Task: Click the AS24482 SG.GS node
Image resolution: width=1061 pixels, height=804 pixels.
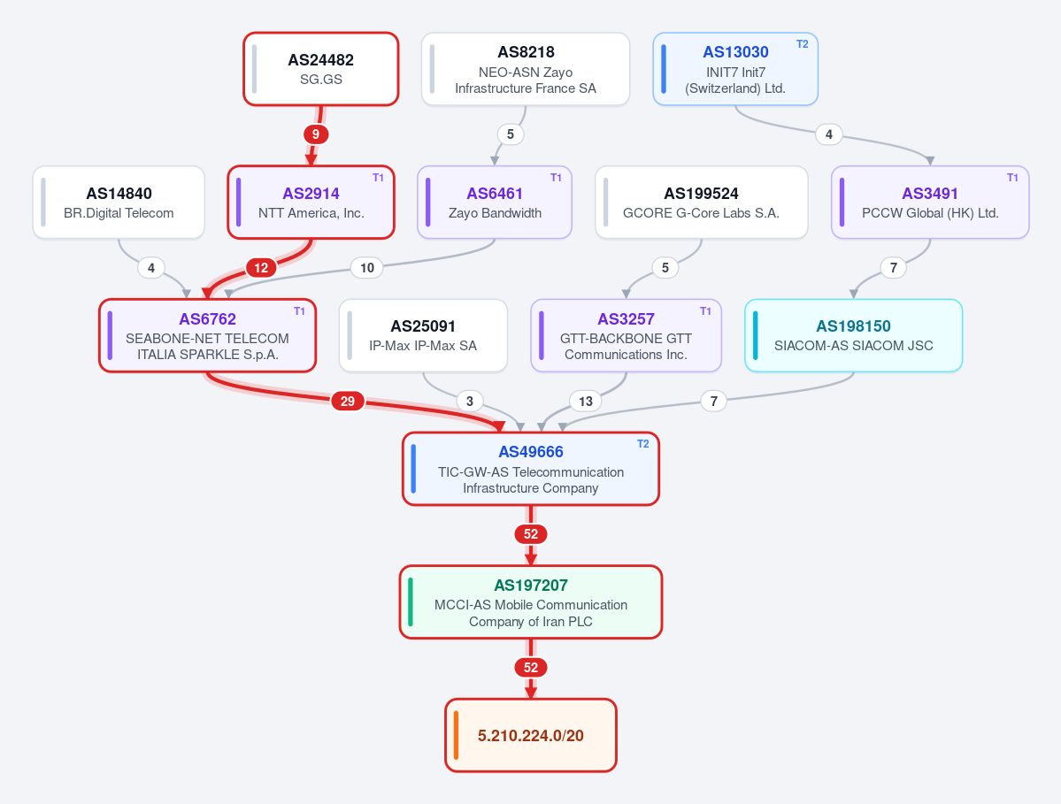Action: [320, 69]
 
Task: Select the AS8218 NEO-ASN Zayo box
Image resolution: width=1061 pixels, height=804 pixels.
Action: [526, 69]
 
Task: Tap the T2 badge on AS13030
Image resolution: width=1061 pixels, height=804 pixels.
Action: [802, 44]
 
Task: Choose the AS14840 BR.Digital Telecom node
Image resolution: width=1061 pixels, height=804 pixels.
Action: [119, 203]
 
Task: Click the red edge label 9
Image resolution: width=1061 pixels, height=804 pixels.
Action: [315, 134]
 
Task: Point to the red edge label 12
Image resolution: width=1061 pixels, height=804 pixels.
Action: [261, 268]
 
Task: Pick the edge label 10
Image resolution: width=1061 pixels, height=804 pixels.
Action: [366, 268]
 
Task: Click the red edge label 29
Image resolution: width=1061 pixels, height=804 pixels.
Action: [347, 401]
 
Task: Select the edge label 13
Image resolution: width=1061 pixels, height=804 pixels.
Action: [585, 401]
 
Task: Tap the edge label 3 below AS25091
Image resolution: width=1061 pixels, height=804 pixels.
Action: [470, 401]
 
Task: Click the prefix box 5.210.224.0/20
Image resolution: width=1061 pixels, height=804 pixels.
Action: [531, 735]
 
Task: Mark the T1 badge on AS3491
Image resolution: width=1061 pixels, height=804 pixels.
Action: [1012, 178]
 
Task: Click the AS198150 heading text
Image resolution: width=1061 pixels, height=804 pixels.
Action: [853, 325]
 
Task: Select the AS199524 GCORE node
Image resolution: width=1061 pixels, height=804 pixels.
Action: [701, 203]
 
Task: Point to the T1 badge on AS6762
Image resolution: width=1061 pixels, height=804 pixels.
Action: [299, 311]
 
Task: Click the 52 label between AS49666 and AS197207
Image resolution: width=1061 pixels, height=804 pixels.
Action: [531, 534]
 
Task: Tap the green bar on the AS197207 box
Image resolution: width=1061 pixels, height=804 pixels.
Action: [411, 601]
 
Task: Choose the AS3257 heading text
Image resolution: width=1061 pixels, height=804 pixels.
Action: [626, 319]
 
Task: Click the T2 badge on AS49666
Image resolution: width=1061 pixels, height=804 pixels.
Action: [642, 444]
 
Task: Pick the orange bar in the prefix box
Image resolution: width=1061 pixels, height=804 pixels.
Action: [456, 735]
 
